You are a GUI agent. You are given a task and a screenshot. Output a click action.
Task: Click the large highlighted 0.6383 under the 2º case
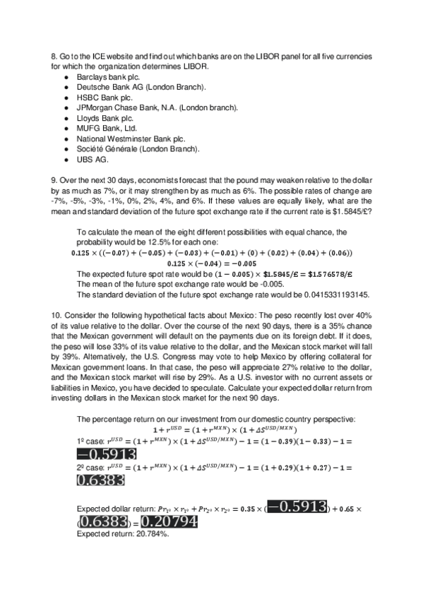[x=101, y=480]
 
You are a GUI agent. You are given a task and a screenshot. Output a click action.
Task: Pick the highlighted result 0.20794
[x=169, y=522]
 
